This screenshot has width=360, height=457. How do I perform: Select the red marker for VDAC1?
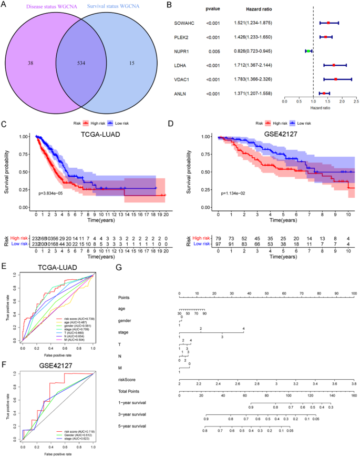point(335,79)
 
